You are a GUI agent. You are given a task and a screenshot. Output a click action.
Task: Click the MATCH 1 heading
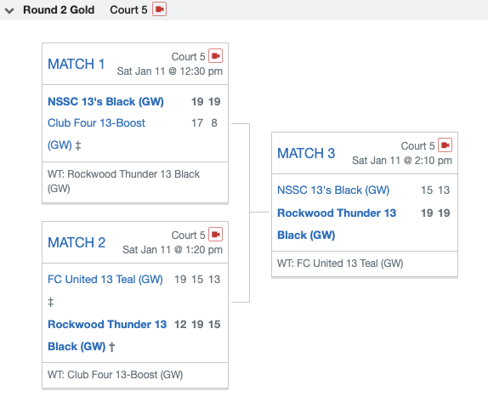[76, 64]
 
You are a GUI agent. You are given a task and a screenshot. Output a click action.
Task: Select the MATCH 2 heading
[77, 242]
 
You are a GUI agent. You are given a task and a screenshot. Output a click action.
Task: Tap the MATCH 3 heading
[306, 153]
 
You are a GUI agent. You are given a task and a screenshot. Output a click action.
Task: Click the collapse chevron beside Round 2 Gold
[9, 11]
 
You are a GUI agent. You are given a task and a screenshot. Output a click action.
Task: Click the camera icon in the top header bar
[159, 9]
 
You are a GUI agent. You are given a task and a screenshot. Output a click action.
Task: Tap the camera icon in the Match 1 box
[215, 56]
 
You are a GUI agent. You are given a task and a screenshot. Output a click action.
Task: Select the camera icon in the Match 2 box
[215, 235]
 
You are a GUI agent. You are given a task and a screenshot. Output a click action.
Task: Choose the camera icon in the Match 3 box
[445, 145]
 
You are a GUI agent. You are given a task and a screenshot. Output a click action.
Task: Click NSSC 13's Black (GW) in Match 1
[105, 102]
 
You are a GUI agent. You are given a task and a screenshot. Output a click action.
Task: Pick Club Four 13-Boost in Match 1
[96, 123]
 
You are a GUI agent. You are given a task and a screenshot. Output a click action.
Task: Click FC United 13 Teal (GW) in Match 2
[105, 280]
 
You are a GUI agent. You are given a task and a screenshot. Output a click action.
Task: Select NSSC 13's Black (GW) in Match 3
[333, 190]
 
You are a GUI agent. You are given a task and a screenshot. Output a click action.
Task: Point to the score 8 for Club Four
[214, 123]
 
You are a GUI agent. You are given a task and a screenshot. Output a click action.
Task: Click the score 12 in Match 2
[180, 324]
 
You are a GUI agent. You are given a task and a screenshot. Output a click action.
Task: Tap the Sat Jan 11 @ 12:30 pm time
[170, 71]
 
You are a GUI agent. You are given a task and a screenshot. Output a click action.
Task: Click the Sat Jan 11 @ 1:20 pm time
[173, 250]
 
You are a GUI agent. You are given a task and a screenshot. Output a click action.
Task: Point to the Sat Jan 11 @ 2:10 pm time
[402, 161]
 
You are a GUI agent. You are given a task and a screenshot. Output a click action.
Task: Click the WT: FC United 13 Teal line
[340, 264]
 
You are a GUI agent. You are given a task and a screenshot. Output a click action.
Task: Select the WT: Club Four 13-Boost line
[115, 375]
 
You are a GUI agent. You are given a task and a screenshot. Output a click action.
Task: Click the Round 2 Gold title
[59, 10]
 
